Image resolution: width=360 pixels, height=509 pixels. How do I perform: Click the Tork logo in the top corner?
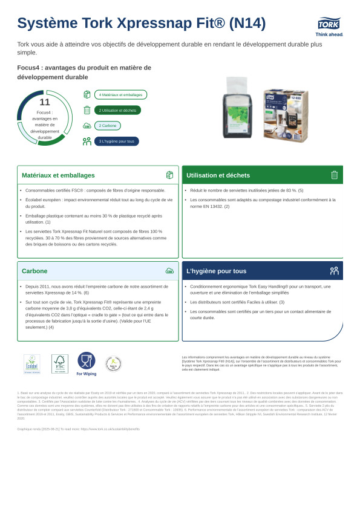(x=329, y=24)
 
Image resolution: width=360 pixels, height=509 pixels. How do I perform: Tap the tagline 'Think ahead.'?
(x=329, y=34)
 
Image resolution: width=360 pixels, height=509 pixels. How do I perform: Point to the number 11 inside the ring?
(x=44, y=102)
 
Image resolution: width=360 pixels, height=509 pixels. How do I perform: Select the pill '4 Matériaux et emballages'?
(x=120, y=95)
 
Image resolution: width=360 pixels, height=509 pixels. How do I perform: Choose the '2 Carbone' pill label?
(x=108, y=126)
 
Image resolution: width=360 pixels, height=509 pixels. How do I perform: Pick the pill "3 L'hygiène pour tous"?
(x=116, y=141)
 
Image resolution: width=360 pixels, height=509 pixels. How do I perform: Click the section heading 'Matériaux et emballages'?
(x=58, y=175)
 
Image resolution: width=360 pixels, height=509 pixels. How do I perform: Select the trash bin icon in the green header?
(x=334, y=175)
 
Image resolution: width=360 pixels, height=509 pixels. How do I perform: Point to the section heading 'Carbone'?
(x=34, y=271)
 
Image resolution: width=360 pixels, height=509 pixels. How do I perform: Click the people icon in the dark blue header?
(x=334, y=271)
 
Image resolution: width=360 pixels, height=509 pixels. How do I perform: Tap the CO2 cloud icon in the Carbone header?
(x=169, y=271)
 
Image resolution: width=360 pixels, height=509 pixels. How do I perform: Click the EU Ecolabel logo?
(x=31, y=364)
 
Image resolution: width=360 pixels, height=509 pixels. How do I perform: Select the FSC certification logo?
(x=59, y=364)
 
